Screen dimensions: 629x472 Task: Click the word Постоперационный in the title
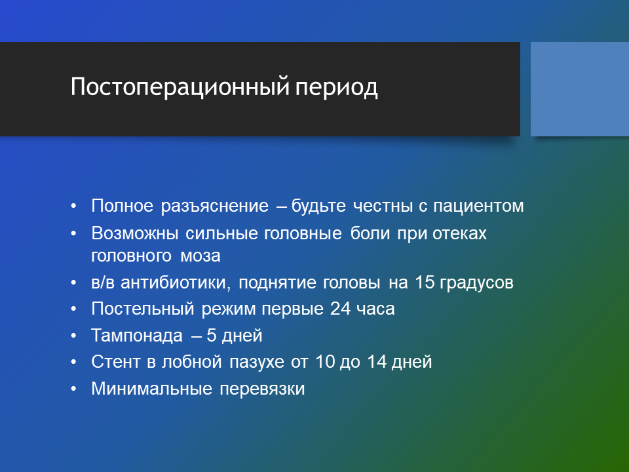pos(180,87)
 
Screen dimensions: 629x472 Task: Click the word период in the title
pos(336,88)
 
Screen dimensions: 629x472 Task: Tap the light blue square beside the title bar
pos(580,89)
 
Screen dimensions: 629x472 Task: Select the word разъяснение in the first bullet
pos(215,206)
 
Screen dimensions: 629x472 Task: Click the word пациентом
pos(478,206)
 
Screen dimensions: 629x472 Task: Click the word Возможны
pos(135,233)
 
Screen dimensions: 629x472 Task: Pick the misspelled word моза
pos(200,256)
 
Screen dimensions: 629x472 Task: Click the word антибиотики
pos(176,283)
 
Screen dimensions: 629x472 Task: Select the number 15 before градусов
pos(425,282)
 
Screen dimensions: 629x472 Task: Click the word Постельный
pos(143,309)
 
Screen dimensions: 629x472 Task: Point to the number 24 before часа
pos(340,309)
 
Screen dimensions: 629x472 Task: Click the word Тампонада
pos(137,336)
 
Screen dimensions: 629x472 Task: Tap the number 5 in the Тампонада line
pos(211,336)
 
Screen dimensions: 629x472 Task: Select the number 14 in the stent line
pos(377,362)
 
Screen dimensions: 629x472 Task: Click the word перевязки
pos(262,389)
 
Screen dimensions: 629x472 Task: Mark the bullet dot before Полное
pos(73,206)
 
